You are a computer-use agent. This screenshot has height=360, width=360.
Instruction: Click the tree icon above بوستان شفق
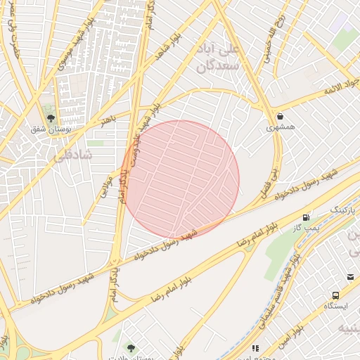(49, 117)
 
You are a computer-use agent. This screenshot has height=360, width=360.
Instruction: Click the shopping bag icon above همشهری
(281, 117)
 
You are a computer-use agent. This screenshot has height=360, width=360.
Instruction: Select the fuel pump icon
(306, 218)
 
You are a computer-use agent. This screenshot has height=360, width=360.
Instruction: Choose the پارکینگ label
(344, 210)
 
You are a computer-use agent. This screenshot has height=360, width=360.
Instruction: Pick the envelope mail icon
(350, 278)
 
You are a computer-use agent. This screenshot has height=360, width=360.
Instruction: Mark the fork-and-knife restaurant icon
(255, 347)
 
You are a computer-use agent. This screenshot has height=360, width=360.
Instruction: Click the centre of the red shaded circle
(181, 179)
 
